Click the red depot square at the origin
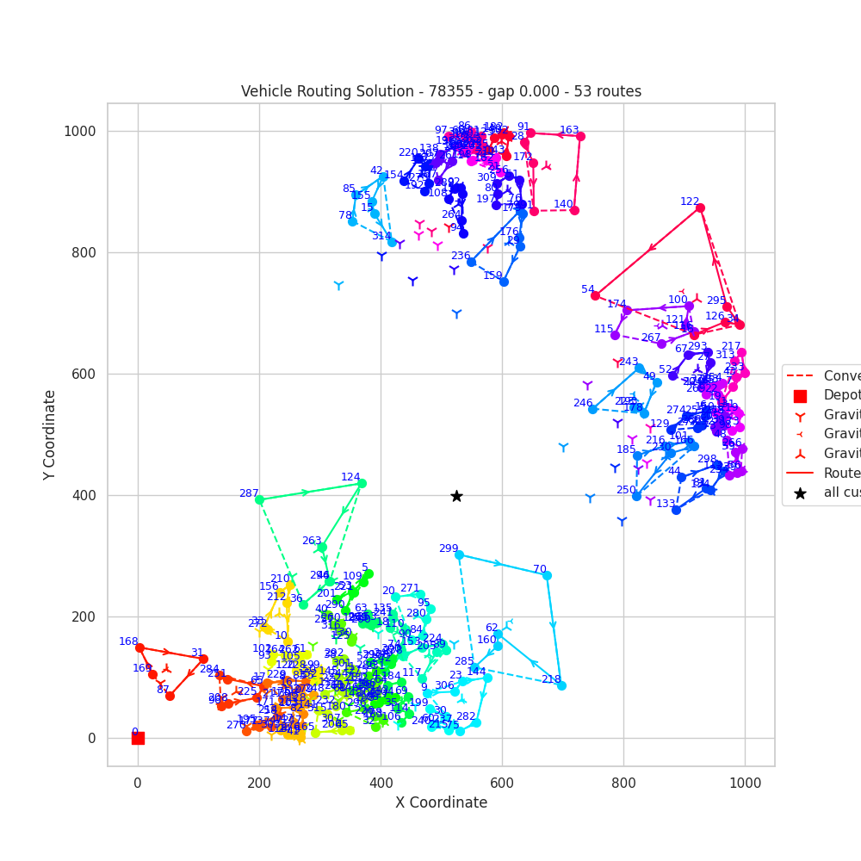pos(138,738)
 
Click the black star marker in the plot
pos(456,496)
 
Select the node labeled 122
pos(700,208)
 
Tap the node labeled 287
pos(259,499)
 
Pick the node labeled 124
pos(362,483)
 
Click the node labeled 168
pos(139,647)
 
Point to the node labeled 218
pos(561,685)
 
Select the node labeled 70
pos(547,575)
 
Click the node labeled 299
pos(459,554)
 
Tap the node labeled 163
pos(580,136)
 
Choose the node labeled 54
pos(595,295)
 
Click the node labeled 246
pos(592,409)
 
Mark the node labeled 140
pos(574,210)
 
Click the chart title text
pos(441,91)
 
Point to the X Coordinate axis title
pos(441,802)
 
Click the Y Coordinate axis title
pos(51,435)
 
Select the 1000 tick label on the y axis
pos(79,131)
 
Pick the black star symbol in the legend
pos(800,493)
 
